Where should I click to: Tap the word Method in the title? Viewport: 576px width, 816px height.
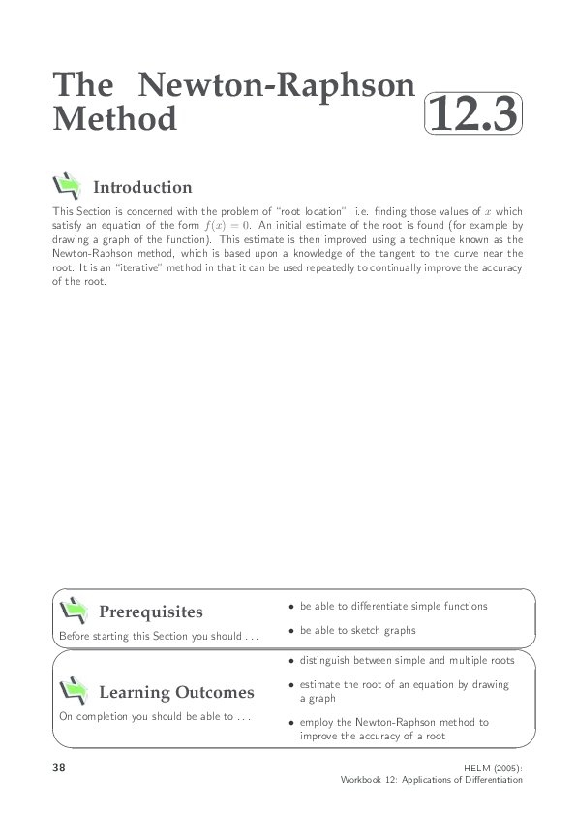coord(115,118)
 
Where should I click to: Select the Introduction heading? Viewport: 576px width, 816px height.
coord(142,187)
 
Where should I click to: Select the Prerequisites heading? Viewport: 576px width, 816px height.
coord(151,612)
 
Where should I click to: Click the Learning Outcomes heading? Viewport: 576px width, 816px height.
coord(176,692)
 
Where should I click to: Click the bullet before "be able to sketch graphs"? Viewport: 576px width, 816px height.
coord(291,631)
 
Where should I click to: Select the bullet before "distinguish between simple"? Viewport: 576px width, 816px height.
coord(291,661)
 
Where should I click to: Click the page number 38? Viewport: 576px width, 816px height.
coord(60,768)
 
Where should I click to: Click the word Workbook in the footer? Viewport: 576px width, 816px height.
coord(364,779)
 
